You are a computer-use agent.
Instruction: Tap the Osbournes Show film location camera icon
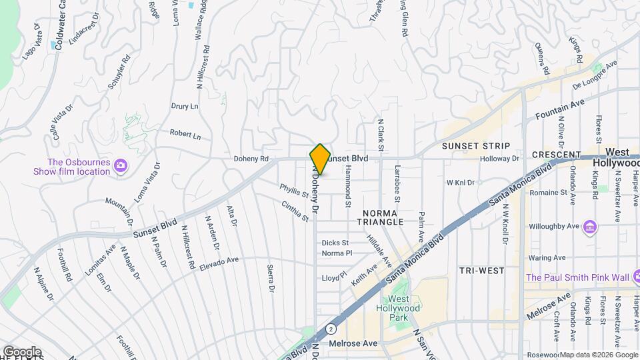click(121, 165)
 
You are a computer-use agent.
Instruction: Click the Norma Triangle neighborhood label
click(383, 217)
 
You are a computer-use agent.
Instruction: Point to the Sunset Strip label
click(476, 145)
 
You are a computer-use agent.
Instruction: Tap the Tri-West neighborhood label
click(481, 270)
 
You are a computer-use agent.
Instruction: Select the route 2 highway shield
click(331, 329)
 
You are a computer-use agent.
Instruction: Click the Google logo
click(22, 351)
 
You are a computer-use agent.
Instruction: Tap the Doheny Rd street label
click(251, 159)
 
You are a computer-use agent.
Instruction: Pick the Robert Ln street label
click(185, 135)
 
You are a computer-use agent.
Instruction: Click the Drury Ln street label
click(185, 106)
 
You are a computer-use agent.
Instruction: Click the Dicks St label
click(335, 243)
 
